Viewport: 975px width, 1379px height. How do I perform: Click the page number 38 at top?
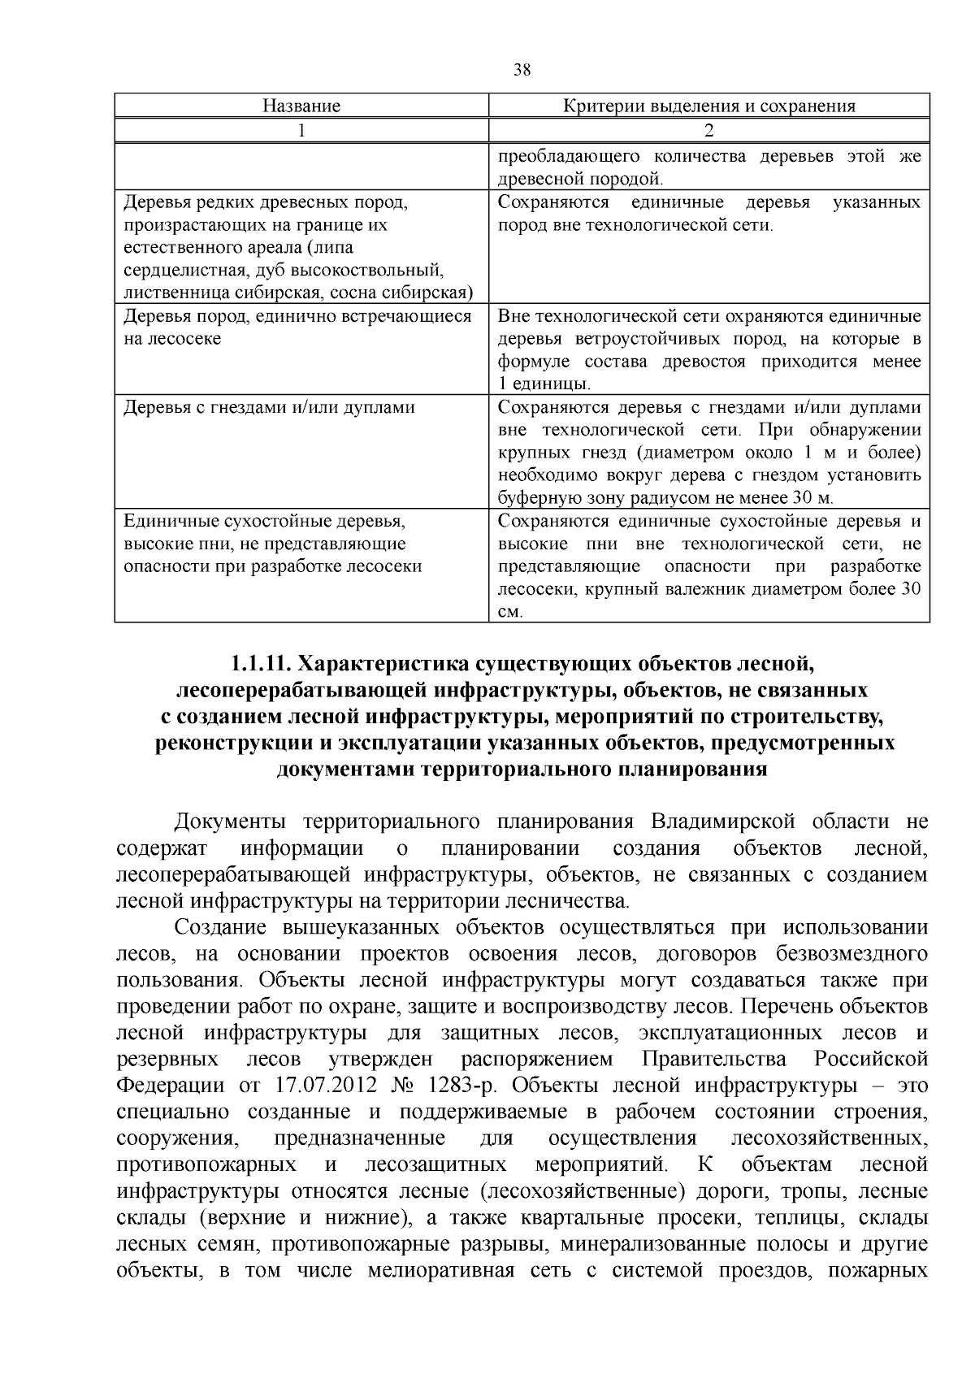[x=522, y=70]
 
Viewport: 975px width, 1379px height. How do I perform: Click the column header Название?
[x=301, y=106]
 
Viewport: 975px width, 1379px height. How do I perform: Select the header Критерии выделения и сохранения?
[x=708, y=106]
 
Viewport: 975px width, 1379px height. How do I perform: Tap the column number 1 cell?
[x=301, y=130]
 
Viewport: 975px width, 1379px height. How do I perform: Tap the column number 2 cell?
[x=708, y=130]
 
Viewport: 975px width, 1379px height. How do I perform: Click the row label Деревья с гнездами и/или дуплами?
[x=269, y=407]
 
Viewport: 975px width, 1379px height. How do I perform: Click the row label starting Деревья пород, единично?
[x=297, y=316]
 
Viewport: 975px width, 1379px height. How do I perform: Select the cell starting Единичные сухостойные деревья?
[x=264, y=521]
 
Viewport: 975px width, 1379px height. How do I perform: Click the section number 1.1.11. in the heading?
[x=260, y=664]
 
